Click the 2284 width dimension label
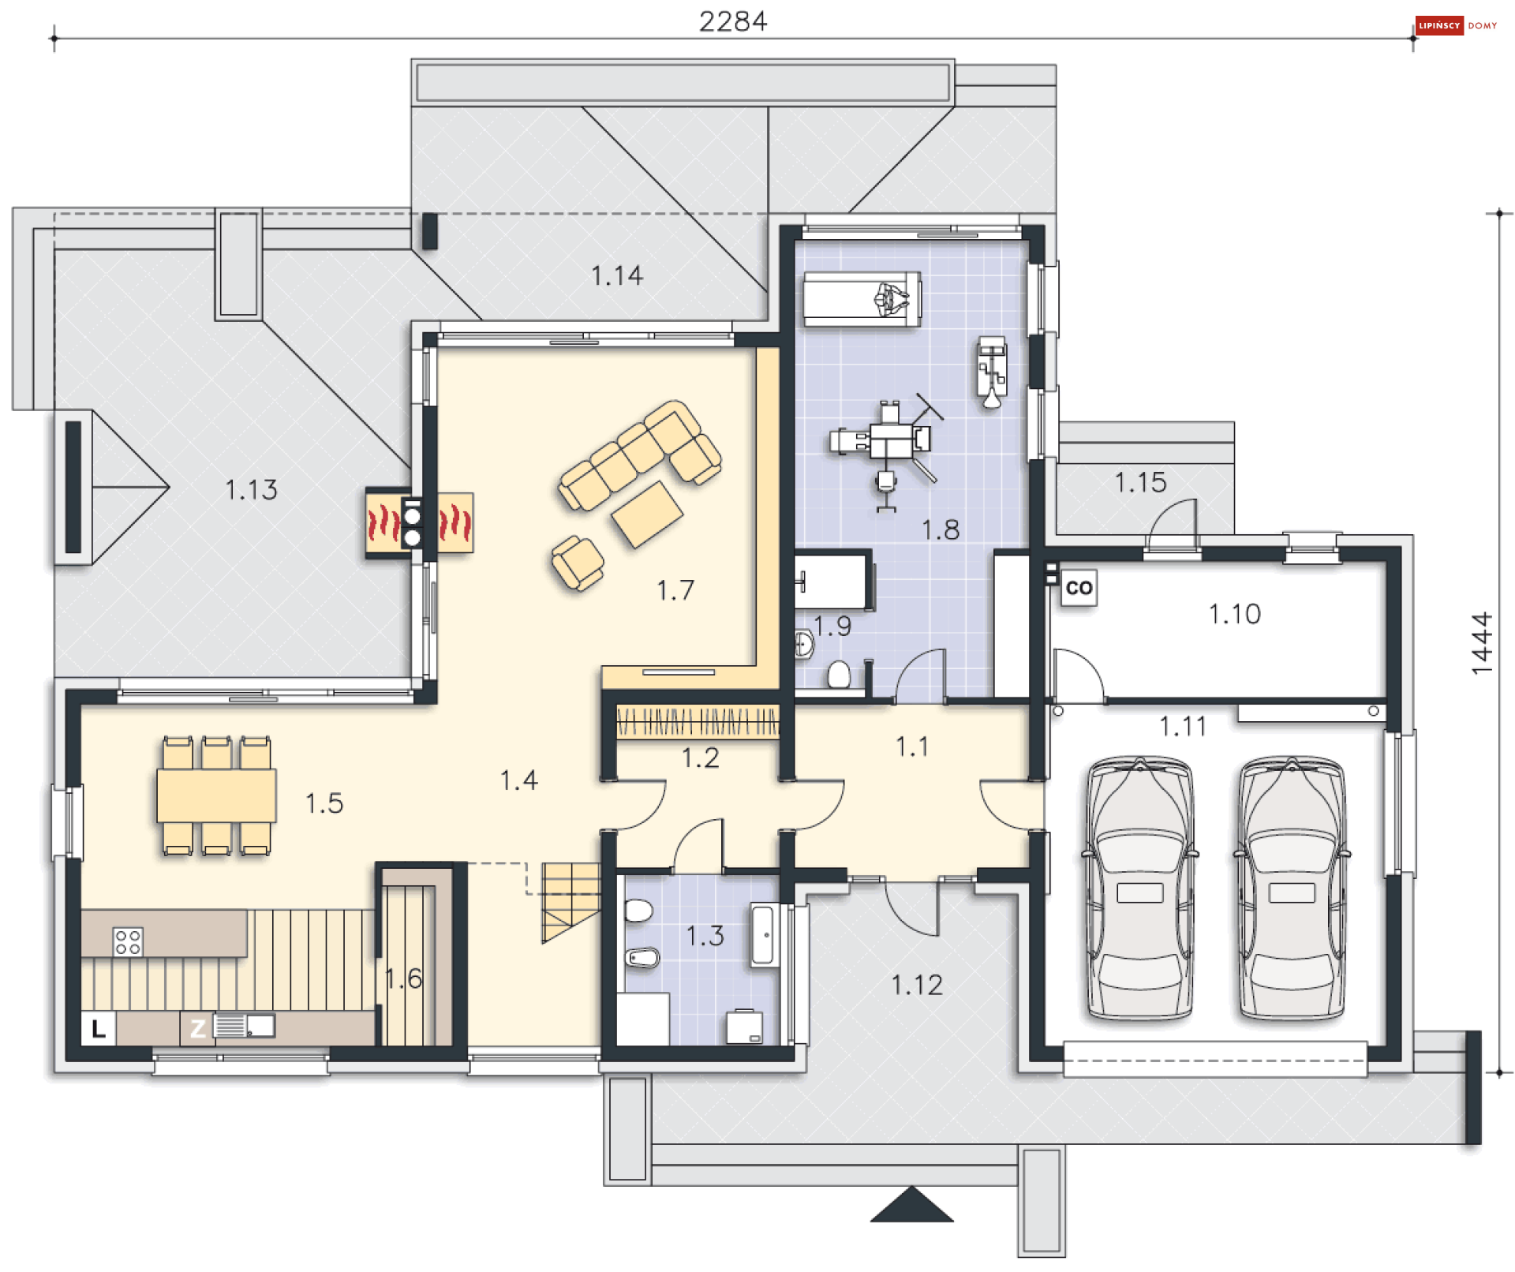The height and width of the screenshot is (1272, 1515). click(x=733, y=21)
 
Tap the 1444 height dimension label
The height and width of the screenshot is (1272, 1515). click(x=1482, y=643)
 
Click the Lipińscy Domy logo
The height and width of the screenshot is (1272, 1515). click(x=1457, y=25)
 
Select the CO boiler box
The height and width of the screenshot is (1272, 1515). click(x=1079, y=588)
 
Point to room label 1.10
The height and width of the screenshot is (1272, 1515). click(x=1235, y=614)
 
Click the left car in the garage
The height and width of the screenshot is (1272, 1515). click(x=1140, y=889)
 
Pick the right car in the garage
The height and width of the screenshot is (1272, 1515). click(x=1292, y=889)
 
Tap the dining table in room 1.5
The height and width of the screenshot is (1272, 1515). click(x=216, y=796)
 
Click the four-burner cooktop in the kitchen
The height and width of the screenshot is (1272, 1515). click(x=128, y=941)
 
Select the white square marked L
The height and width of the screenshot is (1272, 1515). click(x=99, y=1028)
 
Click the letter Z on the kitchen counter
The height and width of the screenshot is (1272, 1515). click(x=197, y=1028)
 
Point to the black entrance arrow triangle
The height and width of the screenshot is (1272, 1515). click(x=912, y=1204)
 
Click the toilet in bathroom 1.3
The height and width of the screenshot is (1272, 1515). click(x=638, y=911)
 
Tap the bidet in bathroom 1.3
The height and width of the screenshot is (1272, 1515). click(x=642, y=958)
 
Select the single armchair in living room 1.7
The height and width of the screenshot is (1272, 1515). click(x=578, y=563)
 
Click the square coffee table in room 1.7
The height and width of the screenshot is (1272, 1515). click(x=647, y=514)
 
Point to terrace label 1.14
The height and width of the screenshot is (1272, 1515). click(x=617, y=276)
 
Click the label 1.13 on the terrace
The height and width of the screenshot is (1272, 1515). click(x=251, y=490)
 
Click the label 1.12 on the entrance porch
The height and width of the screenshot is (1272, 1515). click(x=917, y=985)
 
